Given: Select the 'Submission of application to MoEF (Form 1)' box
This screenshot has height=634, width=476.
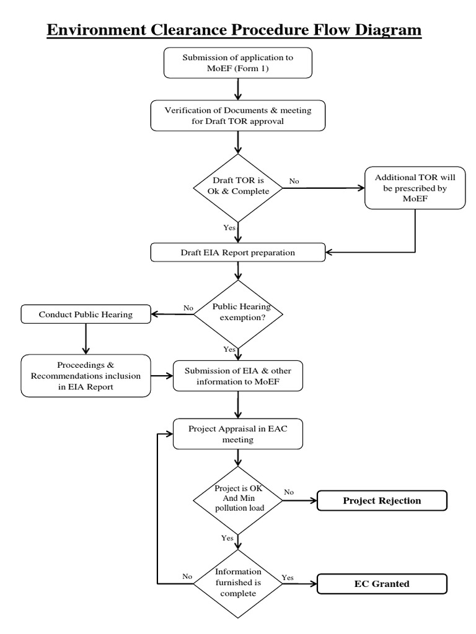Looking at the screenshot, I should click(x=239, y=62).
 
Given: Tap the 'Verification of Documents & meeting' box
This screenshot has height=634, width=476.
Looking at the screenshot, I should click(x=239, y=115).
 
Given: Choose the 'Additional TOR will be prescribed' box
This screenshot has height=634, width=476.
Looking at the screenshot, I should click(x=415, y=187).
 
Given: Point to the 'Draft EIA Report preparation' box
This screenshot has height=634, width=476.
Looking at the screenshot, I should click(x=239, y=253).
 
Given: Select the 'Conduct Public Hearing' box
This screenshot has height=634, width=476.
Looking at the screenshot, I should click(x=86, y=315).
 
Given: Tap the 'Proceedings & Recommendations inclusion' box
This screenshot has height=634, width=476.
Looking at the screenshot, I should click(x=86, y=376).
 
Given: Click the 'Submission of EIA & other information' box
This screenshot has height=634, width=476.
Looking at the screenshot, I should click(x=239, y=376).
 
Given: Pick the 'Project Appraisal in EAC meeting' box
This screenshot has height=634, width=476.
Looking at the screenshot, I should click(x=239, y=433).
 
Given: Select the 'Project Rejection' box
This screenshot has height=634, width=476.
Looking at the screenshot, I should click(x=381, y=501).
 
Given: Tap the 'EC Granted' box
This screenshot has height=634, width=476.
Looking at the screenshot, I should click(x=381, y=583).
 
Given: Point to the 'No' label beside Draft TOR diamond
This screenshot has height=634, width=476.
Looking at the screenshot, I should click(x=294, y=181).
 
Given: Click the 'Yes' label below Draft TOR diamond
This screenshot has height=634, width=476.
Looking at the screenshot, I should click(x=229, y=228).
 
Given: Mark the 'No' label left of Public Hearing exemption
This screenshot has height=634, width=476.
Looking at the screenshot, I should click(x=188, y=308).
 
